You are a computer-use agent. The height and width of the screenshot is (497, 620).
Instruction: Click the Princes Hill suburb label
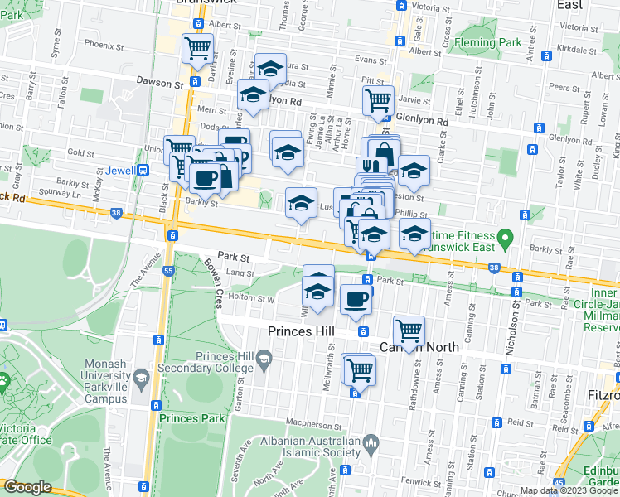301,331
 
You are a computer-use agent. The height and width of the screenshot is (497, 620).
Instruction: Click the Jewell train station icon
143,171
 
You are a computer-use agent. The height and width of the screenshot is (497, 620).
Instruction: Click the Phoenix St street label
104,45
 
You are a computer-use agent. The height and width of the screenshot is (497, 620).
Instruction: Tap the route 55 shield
168,271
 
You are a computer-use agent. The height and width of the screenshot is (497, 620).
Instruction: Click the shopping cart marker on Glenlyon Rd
378,99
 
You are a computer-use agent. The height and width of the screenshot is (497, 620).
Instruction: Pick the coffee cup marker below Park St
356,299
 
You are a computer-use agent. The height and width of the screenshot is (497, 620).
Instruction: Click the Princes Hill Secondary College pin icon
264,358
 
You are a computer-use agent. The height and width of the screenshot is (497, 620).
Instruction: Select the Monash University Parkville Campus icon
141,379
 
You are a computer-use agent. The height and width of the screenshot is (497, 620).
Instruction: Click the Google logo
28,487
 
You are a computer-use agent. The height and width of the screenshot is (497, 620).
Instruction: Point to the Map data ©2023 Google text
569,490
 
